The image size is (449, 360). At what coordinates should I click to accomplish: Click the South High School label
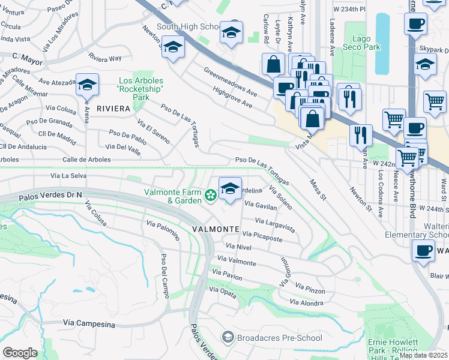[188, 27]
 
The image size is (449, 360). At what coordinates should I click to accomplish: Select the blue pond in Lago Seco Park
[382, 35]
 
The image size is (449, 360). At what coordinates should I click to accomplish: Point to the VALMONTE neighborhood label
[216, 230]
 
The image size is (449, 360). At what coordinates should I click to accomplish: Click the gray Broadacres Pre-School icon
[228, 338]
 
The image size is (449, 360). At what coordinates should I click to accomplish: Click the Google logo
[20, 352]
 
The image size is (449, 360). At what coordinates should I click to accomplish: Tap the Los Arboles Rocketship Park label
[141, 89]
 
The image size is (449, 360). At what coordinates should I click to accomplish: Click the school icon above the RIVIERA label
[87, 85]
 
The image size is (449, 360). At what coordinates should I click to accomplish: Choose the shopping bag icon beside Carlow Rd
[273, 63]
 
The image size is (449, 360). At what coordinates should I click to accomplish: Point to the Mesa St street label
[318, 190]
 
